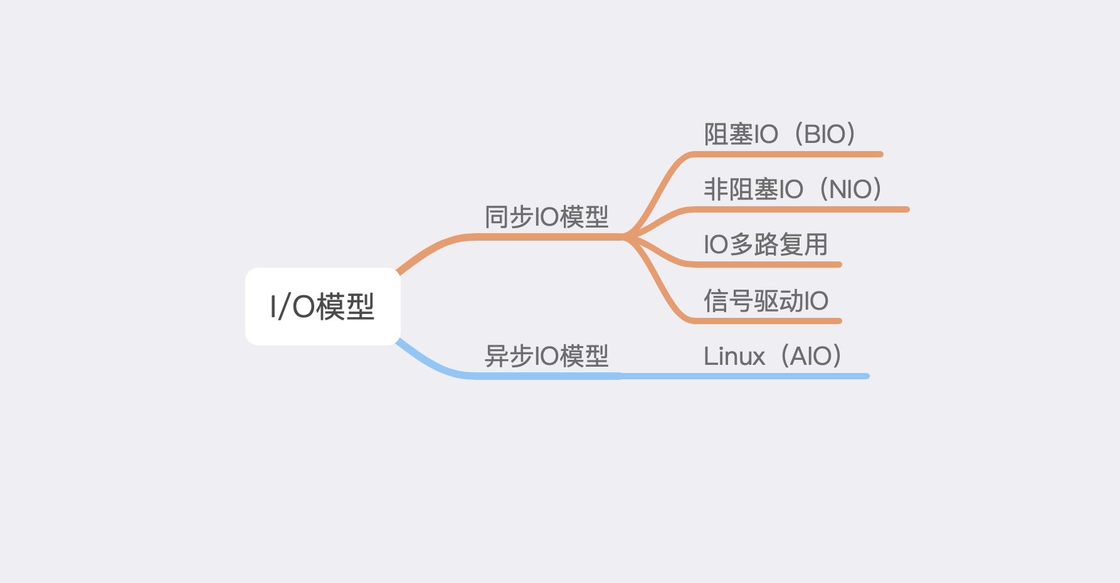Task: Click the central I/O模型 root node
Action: (322, 307)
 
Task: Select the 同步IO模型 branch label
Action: (546, 217)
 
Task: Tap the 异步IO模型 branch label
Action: (546, 356)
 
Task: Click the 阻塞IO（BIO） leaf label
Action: (779, 134)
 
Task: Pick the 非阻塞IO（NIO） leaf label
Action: (793, 189)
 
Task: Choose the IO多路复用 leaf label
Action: (766, 244)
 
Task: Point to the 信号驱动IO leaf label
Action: (766, 301)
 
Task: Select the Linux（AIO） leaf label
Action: (772, 356)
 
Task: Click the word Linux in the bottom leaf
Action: (734, 356)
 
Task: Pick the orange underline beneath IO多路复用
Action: (766, 265)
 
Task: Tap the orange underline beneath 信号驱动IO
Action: (766, 321)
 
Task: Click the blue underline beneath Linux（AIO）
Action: (753, 376)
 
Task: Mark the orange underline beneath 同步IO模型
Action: (546, 237)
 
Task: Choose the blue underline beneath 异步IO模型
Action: (546, 376)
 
